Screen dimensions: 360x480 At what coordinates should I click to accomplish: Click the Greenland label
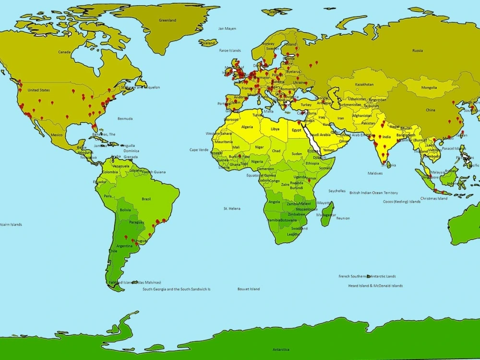coord(168,20)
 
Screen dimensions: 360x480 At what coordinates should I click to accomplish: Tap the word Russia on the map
coord(418,50)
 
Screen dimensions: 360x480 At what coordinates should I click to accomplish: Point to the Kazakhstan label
coord(364,84)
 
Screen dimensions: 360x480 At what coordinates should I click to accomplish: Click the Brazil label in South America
coord(146,199)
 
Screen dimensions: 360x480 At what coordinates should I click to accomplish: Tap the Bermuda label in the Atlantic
coord(125,119)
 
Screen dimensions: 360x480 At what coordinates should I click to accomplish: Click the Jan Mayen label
coord(227,28)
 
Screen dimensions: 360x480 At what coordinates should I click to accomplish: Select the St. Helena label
coord(232,208)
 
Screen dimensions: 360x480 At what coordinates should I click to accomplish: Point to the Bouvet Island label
coord(249,289)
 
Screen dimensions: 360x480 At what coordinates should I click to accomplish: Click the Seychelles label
coord(336,191)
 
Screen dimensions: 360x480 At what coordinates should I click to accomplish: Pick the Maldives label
coord(375,173)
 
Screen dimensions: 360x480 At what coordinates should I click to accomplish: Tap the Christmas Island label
coord(433,198)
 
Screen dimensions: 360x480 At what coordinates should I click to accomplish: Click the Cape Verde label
coord(199,150)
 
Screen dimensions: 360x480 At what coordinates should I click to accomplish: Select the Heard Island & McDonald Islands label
coord(375,286)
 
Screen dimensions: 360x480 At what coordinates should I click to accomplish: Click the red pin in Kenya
coord(309,180)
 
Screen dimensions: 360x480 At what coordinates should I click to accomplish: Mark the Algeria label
coord(246,127)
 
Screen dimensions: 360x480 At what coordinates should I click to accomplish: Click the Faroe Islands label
coord(230,50)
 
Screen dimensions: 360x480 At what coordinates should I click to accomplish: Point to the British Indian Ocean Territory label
coord(373,192)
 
